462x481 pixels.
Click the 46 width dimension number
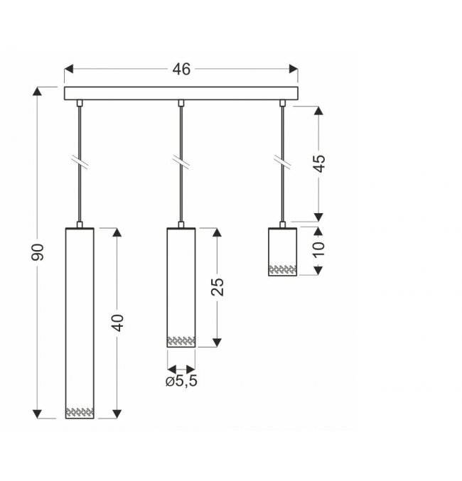pos(181,70)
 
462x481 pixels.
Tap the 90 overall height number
pos(38,252)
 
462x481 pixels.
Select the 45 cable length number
pos(319,163)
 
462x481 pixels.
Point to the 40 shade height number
pos(117,323)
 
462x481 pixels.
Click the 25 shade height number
pos(217,287)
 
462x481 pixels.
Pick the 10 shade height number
pos(319,249)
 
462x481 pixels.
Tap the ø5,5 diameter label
pos(181,381)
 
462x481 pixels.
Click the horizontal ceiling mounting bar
pos(181,93)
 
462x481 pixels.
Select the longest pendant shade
pos(80,323)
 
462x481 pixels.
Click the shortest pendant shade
pos(282,252)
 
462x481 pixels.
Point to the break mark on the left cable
pos(80,162)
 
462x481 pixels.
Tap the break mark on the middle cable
pos(181,162)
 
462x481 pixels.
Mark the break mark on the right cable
pos(282,162)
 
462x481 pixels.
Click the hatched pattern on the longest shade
pos(80,412)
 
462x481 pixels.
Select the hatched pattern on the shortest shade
pos(282,269)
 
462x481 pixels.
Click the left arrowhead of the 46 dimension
pos(68,69)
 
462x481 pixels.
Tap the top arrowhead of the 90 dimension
pos(37,92)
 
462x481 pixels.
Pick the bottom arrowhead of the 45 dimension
pos(319,217)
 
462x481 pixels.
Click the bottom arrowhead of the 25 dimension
pos(217,342)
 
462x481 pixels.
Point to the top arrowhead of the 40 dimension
pos(117,232)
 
